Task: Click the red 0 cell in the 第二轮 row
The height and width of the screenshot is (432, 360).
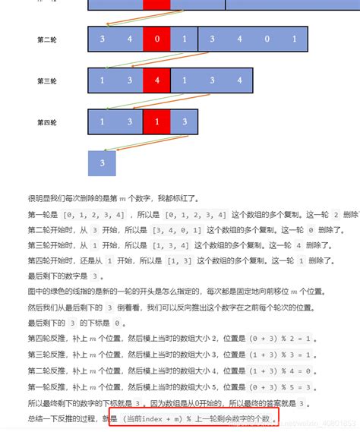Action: coord(156,39)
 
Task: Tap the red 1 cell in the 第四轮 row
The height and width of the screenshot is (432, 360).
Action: coord(156,121)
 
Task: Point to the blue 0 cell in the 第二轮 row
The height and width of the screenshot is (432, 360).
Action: coord(266,39)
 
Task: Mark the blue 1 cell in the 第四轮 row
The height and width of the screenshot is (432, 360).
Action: coord(102,121)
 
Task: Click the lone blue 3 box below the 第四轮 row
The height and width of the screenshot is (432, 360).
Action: coord(102,163)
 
